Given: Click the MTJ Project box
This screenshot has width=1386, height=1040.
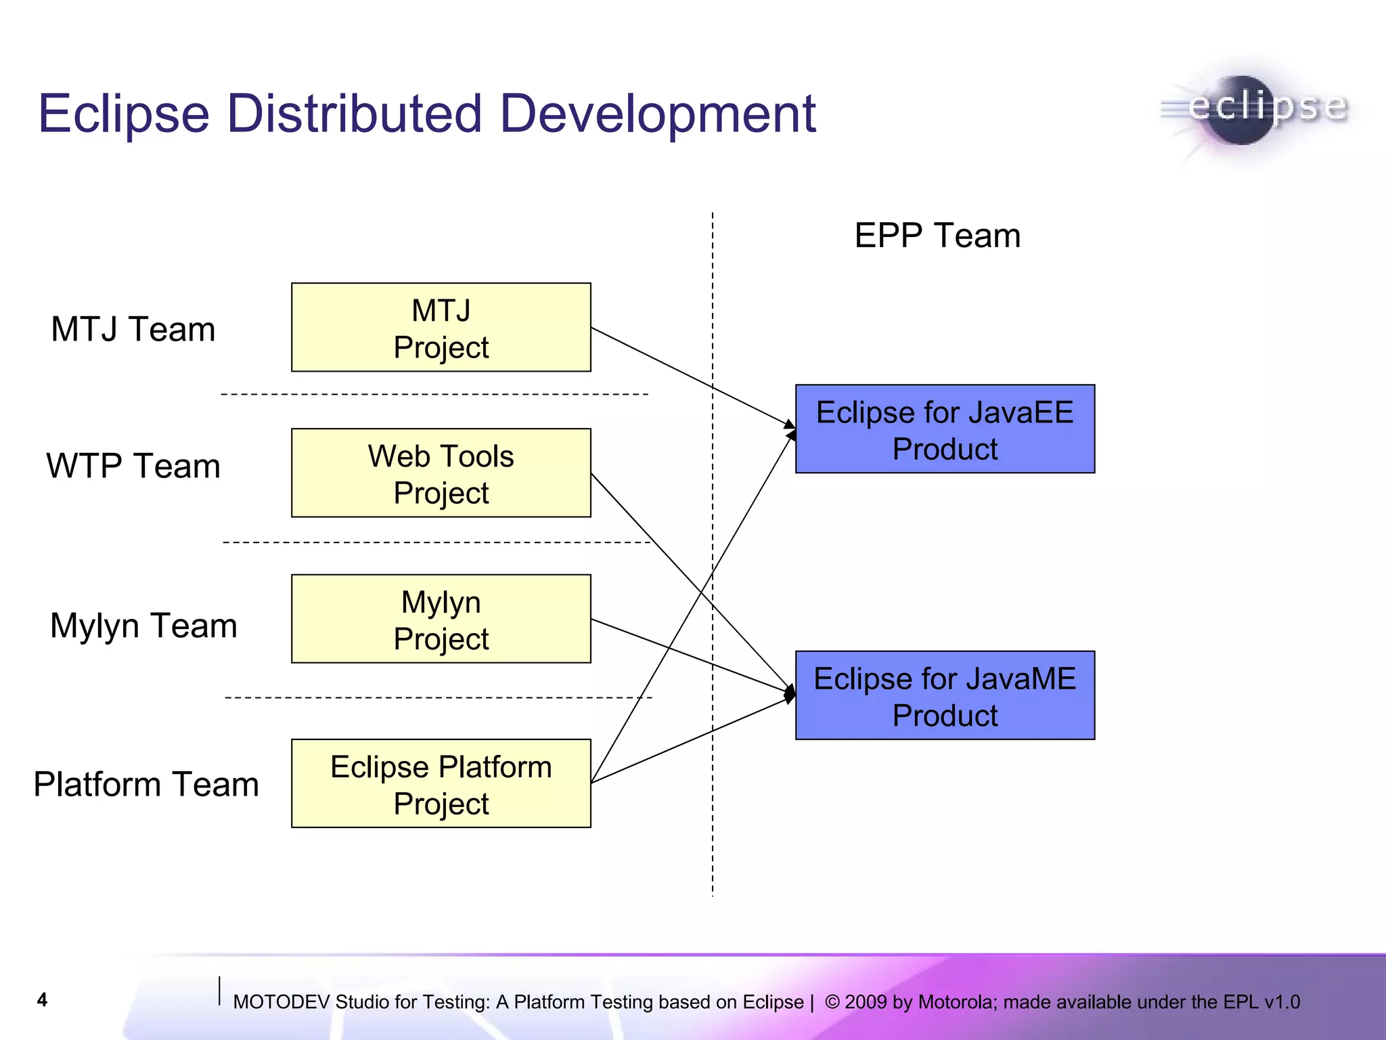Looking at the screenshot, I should pos(441,328).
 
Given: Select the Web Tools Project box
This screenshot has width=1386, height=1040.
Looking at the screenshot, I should pos(441,473).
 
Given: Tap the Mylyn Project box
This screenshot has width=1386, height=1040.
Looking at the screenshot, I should pos(441,619).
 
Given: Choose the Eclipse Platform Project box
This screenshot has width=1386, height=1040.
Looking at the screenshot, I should pos(441,783).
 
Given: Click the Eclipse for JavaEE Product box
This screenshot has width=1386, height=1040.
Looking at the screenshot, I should pos(945,429).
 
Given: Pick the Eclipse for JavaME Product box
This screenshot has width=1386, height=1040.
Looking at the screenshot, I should pos(945,695).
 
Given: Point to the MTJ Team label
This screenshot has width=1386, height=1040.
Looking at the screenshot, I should pos(133,330).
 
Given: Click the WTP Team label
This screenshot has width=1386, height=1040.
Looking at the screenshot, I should pos(133,467).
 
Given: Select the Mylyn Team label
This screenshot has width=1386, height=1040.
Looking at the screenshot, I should pos(143,626).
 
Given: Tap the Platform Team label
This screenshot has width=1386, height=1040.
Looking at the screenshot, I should pos(146,785).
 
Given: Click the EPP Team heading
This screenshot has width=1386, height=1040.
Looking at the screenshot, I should pos(937,236).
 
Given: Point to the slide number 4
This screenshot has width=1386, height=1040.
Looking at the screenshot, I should pos(42,1000).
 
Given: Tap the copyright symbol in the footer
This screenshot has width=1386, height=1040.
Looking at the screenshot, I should pos(832,1002).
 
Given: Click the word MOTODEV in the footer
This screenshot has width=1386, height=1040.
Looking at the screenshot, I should pos(281,1002).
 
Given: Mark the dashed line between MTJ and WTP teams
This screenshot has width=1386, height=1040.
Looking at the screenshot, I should pos(433,394).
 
